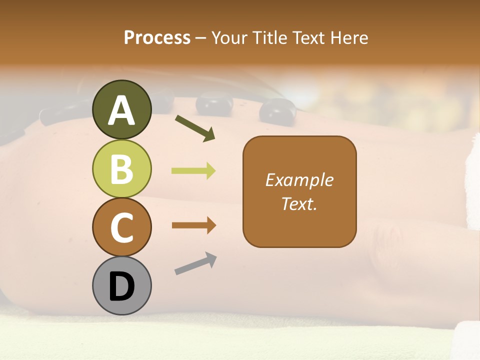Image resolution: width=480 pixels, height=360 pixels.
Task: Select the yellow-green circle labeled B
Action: (x=122, y=168)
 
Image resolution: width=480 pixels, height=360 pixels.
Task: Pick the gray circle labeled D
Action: (x=122, y=285)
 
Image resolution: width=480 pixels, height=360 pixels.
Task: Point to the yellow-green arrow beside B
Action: (x=193, y=171)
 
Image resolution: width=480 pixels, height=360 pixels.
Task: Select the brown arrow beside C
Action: (x=193, y=225)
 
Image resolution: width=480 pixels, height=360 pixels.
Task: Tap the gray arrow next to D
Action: (x=195, y=263)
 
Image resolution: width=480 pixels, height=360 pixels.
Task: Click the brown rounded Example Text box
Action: (x=299, y=191)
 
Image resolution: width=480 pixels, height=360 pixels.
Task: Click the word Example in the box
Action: (x=299, y=180)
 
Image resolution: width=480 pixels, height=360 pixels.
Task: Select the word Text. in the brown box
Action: (x=299, y=203)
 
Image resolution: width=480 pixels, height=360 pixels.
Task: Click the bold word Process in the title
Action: (x=157, y=37)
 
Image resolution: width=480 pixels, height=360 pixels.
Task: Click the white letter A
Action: (x=122, y=110)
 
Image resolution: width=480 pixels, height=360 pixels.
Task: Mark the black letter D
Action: (x=122, y=287)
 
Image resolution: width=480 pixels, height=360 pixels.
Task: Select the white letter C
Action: (x=122, y=227)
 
